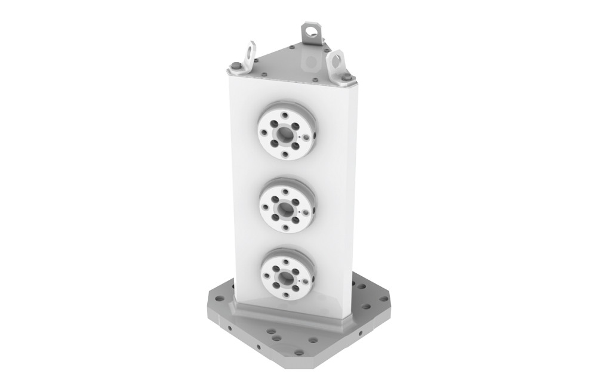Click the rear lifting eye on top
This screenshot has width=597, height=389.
311,31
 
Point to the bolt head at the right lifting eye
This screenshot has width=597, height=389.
346,77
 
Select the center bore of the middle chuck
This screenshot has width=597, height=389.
286,209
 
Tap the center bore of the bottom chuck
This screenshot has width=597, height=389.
287,277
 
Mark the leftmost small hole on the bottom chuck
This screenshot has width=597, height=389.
266,276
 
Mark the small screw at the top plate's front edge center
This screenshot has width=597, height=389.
288,78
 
